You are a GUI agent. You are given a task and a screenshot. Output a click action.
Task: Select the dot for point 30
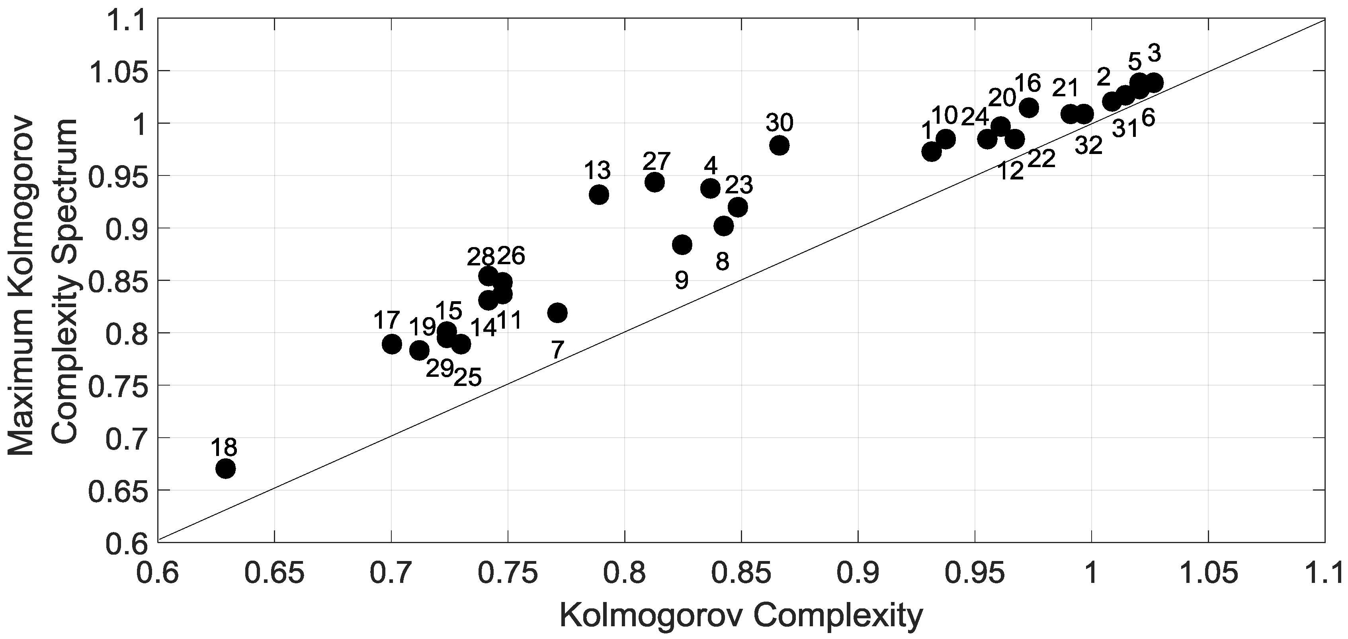(779, 145)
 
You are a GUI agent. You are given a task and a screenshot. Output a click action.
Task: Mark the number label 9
(681, 281)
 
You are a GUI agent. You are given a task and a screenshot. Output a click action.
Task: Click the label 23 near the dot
(739, 185)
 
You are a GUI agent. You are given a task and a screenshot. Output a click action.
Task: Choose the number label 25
(467, 378)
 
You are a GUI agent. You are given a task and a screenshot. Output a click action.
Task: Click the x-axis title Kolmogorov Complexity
(741, 616)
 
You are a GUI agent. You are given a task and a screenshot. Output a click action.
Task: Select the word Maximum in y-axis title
(21, 390)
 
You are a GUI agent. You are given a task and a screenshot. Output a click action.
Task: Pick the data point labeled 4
(710, 188)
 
